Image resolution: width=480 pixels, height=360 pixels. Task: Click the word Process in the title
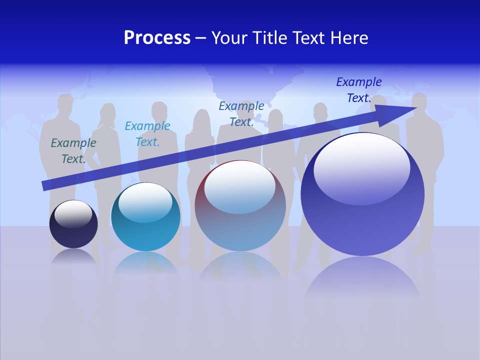pyautogui.click(x=157, y=38)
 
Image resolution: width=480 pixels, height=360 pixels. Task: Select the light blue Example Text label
pyautogui.click(x=147, y=134)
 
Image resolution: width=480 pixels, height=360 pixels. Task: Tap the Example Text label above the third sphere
pyautogui.click(x=241, y=114)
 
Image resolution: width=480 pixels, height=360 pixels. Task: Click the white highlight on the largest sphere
pyautogui.click(x=361, y=167)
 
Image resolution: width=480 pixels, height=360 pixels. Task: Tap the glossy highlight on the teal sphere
pyautogui.click(x=145, y=200)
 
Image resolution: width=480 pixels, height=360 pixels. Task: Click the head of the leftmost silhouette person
pyautogui.click(x=65, y=103)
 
